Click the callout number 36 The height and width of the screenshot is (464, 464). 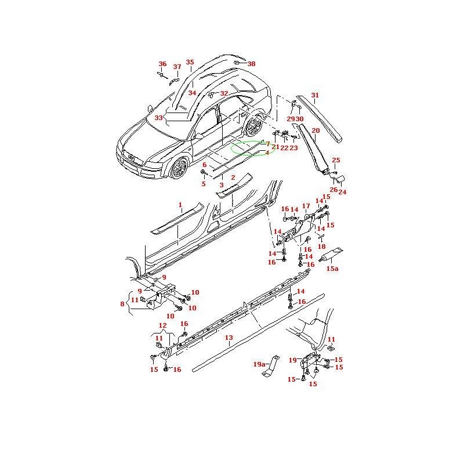[x=162, y=64]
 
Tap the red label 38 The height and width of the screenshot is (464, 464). [x=251, y=64]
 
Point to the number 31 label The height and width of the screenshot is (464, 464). [x=315, y=96]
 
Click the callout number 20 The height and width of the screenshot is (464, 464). [x=316, y=131]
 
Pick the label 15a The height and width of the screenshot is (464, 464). [x=332, y=269]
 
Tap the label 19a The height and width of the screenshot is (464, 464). [x=259, y=364]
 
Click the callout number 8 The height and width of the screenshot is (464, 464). [x=122, y=303]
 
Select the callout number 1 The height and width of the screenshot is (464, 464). [x=180, y=205]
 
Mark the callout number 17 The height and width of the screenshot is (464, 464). [x=306, y=206]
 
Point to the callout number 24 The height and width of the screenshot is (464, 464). [x=342, y=192]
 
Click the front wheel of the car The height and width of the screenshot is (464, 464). [x=179, y=168]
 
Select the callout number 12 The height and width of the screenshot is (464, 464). [x=162, y=326]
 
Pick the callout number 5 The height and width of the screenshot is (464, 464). [x=204, y=184]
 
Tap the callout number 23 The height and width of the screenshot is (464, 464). [x=293, y=148]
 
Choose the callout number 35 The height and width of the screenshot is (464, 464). [x=190, y=63]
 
